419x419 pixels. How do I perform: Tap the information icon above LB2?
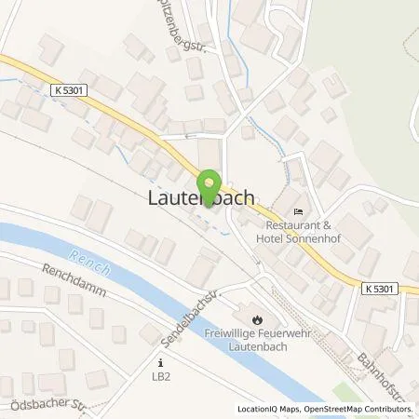click(x=162, y=362)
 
